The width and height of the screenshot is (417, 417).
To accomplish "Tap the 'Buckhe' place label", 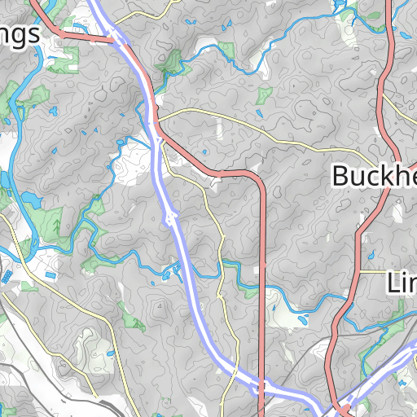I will point(373,176).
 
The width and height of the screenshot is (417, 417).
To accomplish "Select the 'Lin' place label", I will point(400,283).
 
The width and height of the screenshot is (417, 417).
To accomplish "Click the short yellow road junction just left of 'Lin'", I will point(360,270).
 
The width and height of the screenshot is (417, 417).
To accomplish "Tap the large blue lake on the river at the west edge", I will point(31,199).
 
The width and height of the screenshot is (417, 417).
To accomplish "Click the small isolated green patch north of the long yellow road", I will point(263,96).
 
